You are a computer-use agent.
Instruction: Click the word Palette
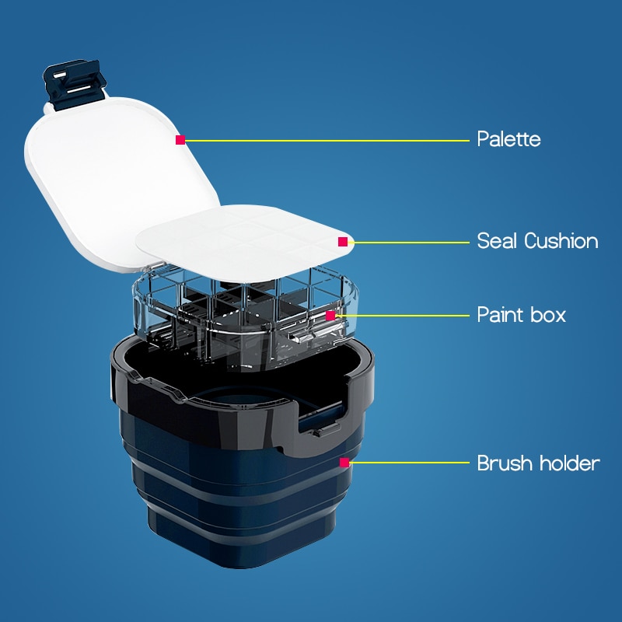coord(508,139)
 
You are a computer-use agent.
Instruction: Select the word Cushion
coord(561,241)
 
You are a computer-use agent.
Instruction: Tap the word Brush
coord(504,463)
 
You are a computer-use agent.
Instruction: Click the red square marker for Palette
coord(180,140)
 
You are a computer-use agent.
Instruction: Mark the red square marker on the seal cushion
coord(343,242)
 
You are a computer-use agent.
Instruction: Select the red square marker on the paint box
coord(330,316)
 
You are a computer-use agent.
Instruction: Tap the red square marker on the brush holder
coord(344,463)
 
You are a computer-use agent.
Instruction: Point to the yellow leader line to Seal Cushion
coord(409,242)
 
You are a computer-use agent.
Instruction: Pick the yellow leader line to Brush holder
coord(410,463)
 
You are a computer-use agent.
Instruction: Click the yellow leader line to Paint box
coord(402,316)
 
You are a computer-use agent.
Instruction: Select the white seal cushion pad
coord(244,243)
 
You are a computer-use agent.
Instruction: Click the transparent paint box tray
coord(246,317)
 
